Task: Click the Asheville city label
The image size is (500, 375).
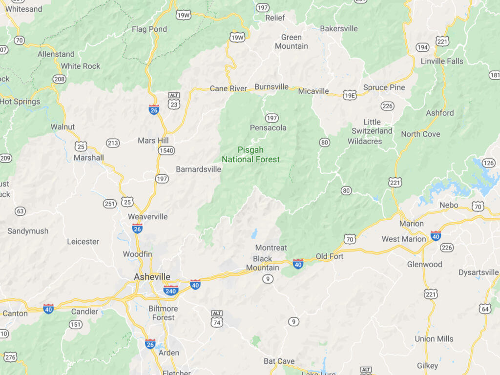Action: click(x=152, y=277)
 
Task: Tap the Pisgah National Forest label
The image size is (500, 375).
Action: click(x=251, y=154)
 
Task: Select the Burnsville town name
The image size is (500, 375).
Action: click(x=271, y=86)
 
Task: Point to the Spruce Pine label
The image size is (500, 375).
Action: click(x=384, y=87)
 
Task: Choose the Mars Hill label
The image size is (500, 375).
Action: click(x=153, y=141)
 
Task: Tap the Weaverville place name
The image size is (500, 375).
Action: click(x=148, y=216)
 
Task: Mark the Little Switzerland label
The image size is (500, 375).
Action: click(x=372, y=126)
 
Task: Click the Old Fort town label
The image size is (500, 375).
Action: click(x=330, y=256)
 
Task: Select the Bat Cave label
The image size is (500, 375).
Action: click(x=279, y=361)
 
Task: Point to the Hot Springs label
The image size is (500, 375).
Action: click(x=20, y=102)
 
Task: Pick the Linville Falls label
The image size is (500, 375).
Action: click(x=442, y=61)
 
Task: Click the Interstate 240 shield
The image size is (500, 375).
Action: click(x=170, y=291)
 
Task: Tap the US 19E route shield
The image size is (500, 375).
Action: click(x=350, y=95)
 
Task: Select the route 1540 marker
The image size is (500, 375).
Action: click(x=167, y=150)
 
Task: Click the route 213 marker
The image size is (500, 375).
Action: click(x=113, y=143)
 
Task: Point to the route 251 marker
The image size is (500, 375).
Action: click(x=110, y=203)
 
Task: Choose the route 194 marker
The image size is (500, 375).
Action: click(x=423, y=47)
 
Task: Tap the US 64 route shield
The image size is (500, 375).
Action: click(x=485, y=309)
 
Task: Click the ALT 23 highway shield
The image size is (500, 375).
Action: click(x=174, y=101)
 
